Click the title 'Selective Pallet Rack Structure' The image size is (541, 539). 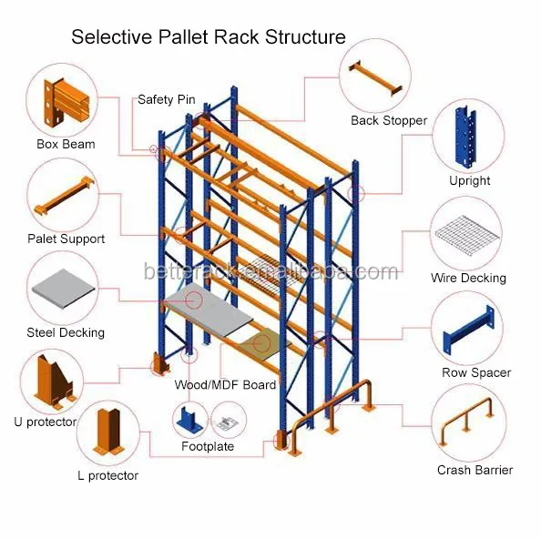[x=209, y=37]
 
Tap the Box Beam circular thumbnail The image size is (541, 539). [x=66, y=100]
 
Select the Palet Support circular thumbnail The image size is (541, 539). [x=66, y=196]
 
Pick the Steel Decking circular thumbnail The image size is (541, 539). [x=65, y=289]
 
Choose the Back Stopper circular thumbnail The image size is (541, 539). [x=375, y=76]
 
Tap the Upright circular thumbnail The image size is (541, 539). [x=469, y=137]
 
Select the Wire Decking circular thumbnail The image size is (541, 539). [x=469, y=232]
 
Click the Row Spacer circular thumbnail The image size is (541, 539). [x=469, y=328]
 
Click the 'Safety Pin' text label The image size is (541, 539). [x=168, y=99]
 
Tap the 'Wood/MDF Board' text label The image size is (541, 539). [x=225, y=385]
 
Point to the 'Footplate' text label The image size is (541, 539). [x=207, y=446]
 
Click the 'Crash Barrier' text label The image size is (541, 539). [x=475, y=470]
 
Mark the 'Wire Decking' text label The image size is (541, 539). [x=468, y=278]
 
